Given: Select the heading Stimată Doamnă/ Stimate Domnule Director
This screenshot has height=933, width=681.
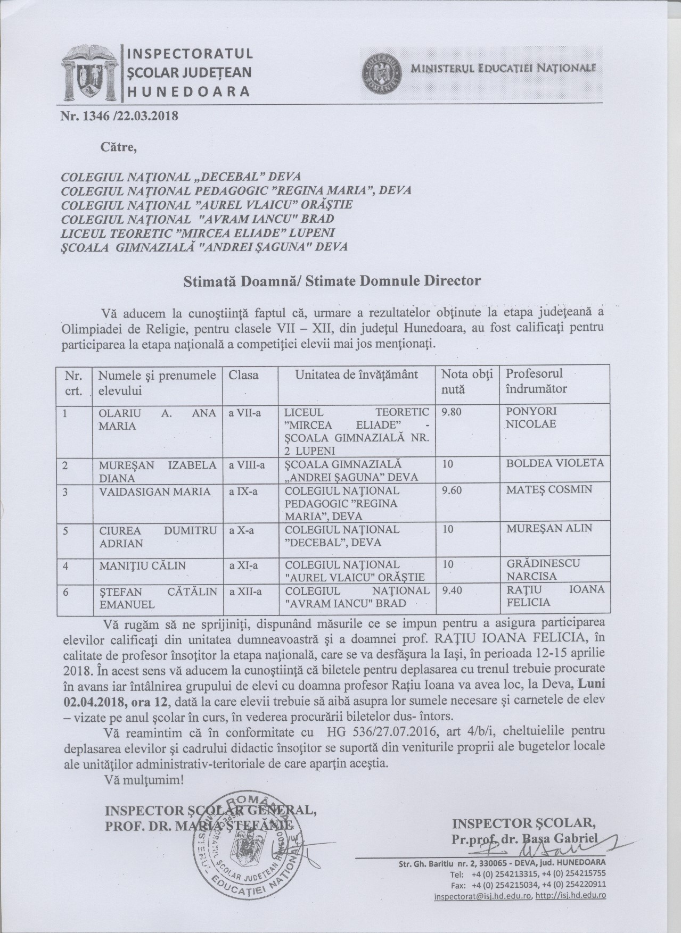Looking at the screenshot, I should [x=332, y=280].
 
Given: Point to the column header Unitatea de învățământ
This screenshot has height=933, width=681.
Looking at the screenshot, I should [x=357, y=375].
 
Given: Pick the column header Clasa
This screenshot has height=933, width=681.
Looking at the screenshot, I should [x=243, y=375].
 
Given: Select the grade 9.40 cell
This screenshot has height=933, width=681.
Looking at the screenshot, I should [x=452, y=591].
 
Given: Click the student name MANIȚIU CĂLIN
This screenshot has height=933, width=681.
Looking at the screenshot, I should [x=143, y=566].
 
